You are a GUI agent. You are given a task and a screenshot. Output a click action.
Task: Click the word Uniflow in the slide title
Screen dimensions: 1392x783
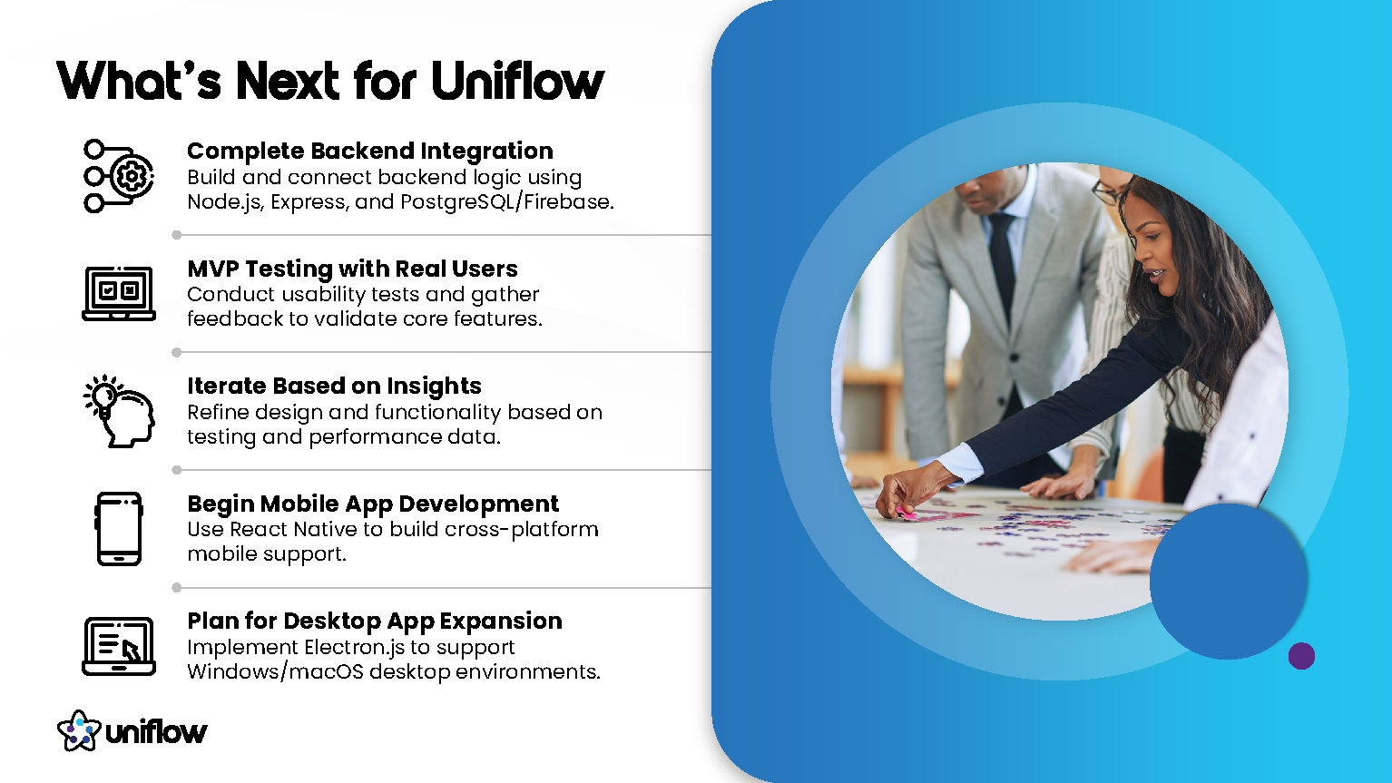click(517, 81)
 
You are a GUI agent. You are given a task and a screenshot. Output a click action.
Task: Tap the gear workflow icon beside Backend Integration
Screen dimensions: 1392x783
click(119, 176)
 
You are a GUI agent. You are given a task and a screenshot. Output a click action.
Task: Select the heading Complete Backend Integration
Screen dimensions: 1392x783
click(369, 151)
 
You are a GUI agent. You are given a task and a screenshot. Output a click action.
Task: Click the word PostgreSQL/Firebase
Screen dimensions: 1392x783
click(507, 202)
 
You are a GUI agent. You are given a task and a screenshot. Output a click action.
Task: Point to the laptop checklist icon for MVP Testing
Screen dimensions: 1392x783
click(119, 293)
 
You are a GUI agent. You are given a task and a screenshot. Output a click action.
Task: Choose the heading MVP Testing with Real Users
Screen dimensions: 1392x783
click(352, 269)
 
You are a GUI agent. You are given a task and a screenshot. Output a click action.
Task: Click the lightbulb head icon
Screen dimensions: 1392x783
click(119, 411)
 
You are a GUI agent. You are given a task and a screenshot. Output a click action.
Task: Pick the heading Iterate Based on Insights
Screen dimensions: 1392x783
click(334, 386)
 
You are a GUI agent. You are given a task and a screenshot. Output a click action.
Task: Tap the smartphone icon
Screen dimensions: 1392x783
click(119, 529)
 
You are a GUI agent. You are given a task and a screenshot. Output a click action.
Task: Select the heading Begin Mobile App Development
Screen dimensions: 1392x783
click(373, 504)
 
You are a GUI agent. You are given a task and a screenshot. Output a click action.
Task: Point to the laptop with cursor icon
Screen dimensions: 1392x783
click(119, 646)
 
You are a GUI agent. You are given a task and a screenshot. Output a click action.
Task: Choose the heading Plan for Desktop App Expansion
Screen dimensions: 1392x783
click(375, 621)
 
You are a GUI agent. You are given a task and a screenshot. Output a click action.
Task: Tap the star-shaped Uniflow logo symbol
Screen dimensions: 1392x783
click(79, 730)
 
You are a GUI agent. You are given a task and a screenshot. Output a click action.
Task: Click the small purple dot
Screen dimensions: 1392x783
click(1301, 656)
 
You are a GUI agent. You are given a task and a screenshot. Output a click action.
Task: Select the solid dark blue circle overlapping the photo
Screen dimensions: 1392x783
click(1228, 581)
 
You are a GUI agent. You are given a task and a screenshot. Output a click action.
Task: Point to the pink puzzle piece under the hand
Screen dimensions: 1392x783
click(906, 514)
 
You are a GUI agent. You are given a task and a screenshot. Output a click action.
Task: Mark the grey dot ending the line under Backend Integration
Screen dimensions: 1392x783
click(176, 235)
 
